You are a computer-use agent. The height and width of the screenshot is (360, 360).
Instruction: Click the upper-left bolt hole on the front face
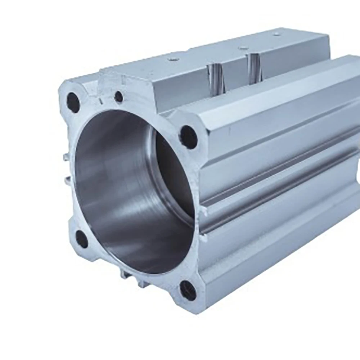[x=73, y=102]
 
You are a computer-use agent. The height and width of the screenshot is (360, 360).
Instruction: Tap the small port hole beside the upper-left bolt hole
[x=119, y=96]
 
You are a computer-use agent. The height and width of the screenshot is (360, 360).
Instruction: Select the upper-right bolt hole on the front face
[x=189, y=137]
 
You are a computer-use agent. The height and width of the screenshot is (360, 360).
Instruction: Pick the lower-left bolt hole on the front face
[x=82, y=239]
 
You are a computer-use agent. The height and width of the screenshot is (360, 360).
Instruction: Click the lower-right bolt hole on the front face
[x=188, y=291]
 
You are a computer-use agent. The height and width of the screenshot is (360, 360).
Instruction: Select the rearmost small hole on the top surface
[x=276, y=34]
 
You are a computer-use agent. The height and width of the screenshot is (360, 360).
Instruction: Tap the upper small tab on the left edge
[x=66, y=157]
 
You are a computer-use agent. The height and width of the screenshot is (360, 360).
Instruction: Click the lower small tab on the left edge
[x=67, y=179]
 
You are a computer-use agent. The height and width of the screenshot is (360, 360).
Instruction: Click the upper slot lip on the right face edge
[x=204, y=211]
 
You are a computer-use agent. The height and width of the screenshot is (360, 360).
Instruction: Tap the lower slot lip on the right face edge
[x=204, y=238]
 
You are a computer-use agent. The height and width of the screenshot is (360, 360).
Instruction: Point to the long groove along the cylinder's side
[x=281, y=187]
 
